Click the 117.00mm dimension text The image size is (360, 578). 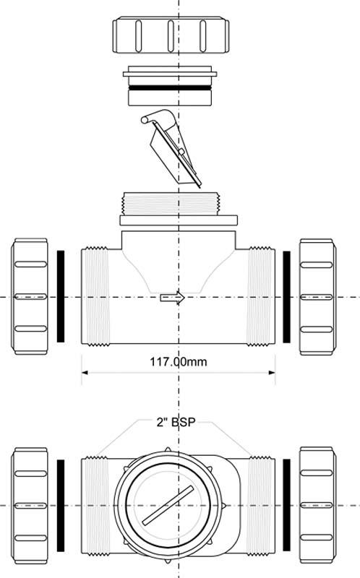(x=178, y=361)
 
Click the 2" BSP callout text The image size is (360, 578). (x=176, y=422)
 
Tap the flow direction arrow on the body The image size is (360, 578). (x=172, y=298)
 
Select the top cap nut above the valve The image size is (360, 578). (x=171, y=35)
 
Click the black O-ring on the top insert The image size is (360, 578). (x=170, y=88)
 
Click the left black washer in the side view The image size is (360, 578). (x=61, y=296)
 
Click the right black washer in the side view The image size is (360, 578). (x=286, y=297)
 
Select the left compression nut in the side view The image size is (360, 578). (x=30, y=296)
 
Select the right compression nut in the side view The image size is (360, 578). (x=317, y=297)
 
